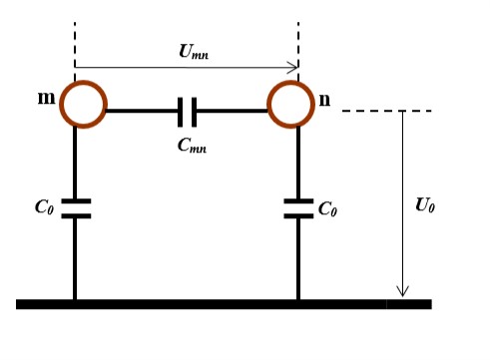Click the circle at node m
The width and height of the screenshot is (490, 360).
83,105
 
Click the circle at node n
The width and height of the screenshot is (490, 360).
291,105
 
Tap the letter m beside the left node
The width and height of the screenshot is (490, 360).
46,98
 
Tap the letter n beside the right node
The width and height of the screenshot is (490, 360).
324,100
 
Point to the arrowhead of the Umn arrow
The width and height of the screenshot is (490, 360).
293,68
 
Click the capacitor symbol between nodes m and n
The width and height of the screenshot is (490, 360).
187,111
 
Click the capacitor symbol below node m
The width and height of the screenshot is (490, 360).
75,207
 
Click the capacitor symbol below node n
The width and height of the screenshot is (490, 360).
298,207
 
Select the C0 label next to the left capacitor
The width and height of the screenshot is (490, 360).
44,207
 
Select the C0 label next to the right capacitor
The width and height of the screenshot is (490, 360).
327,208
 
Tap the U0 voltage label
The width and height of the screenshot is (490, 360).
425,205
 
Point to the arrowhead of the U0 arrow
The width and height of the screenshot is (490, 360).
403,291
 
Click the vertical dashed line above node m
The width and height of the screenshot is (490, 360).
75,45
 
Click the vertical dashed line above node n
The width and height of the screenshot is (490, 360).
298,45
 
